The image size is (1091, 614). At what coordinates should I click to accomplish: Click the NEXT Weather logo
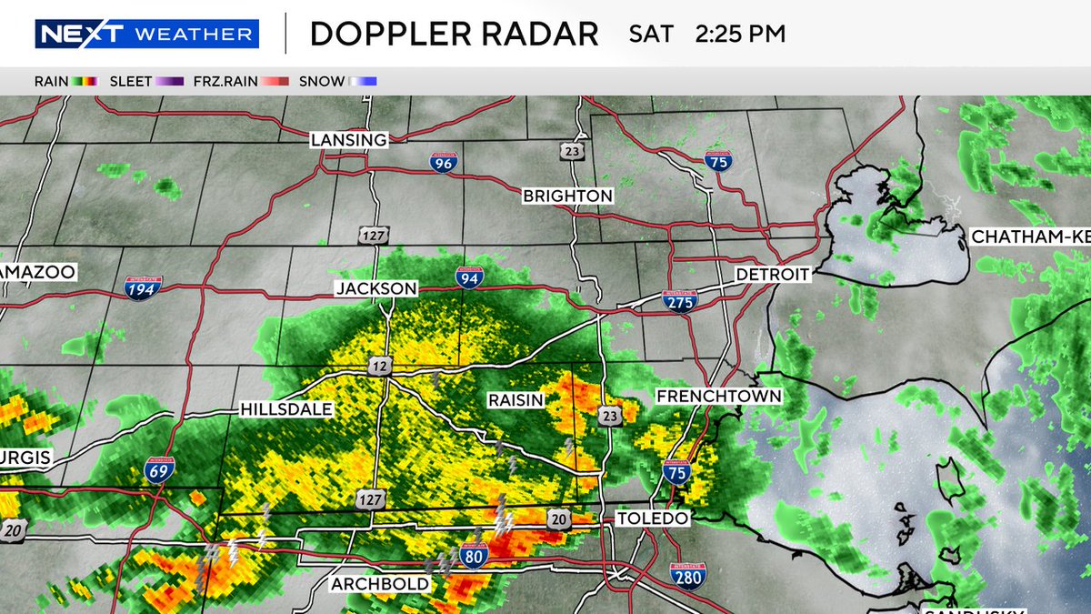click(146, 35)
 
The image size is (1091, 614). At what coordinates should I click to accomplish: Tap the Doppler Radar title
click(454, 35)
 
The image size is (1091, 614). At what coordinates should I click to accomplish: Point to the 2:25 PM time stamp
click(740, 35)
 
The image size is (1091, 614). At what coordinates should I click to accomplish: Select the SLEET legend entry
click(145, 81)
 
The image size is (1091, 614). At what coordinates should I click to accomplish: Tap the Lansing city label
click(348, 140)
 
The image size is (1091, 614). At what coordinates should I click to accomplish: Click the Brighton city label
click(567, 196)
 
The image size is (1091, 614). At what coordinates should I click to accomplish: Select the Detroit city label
click(772, 274)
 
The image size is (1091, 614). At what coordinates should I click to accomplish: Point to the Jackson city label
click(375, 288)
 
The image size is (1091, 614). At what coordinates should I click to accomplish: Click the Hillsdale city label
click(286, 410)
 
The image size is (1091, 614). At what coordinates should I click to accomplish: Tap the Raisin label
click(515, 400)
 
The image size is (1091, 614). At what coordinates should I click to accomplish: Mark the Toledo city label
click(654, 518)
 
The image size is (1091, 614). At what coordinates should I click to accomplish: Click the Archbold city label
click(381, 584)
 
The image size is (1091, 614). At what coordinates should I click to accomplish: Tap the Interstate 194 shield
click(144, 287)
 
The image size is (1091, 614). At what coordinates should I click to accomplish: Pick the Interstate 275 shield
click(679, 301)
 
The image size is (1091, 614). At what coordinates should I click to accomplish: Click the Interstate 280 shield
click(688, 576)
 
